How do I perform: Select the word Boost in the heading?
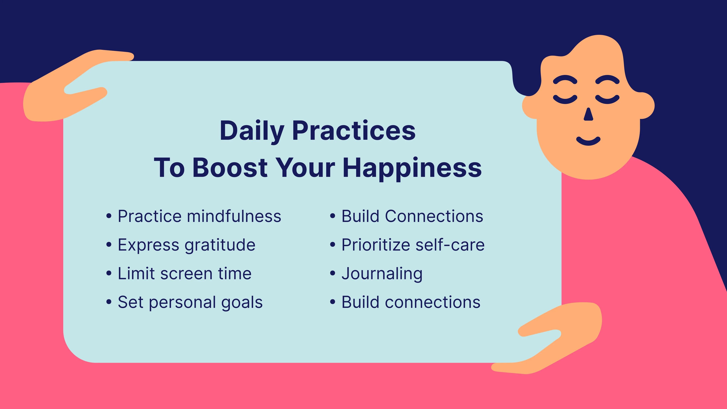pos(230,168)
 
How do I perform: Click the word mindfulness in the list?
pos(234,216)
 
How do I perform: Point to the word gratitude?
pos(220,245)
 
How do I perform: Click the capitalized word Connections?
pos(434,216)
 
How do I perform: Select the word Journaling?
pos(382,274)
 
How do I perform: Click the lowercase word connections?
pos(433,303)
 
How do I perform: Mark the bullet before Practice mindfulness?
pos(109,216)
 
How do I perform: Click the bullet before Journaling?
pos(333,273)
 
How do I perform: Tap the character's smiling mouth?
pos(588,141)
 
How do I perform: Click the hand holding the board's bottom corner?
pos(548,339)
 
